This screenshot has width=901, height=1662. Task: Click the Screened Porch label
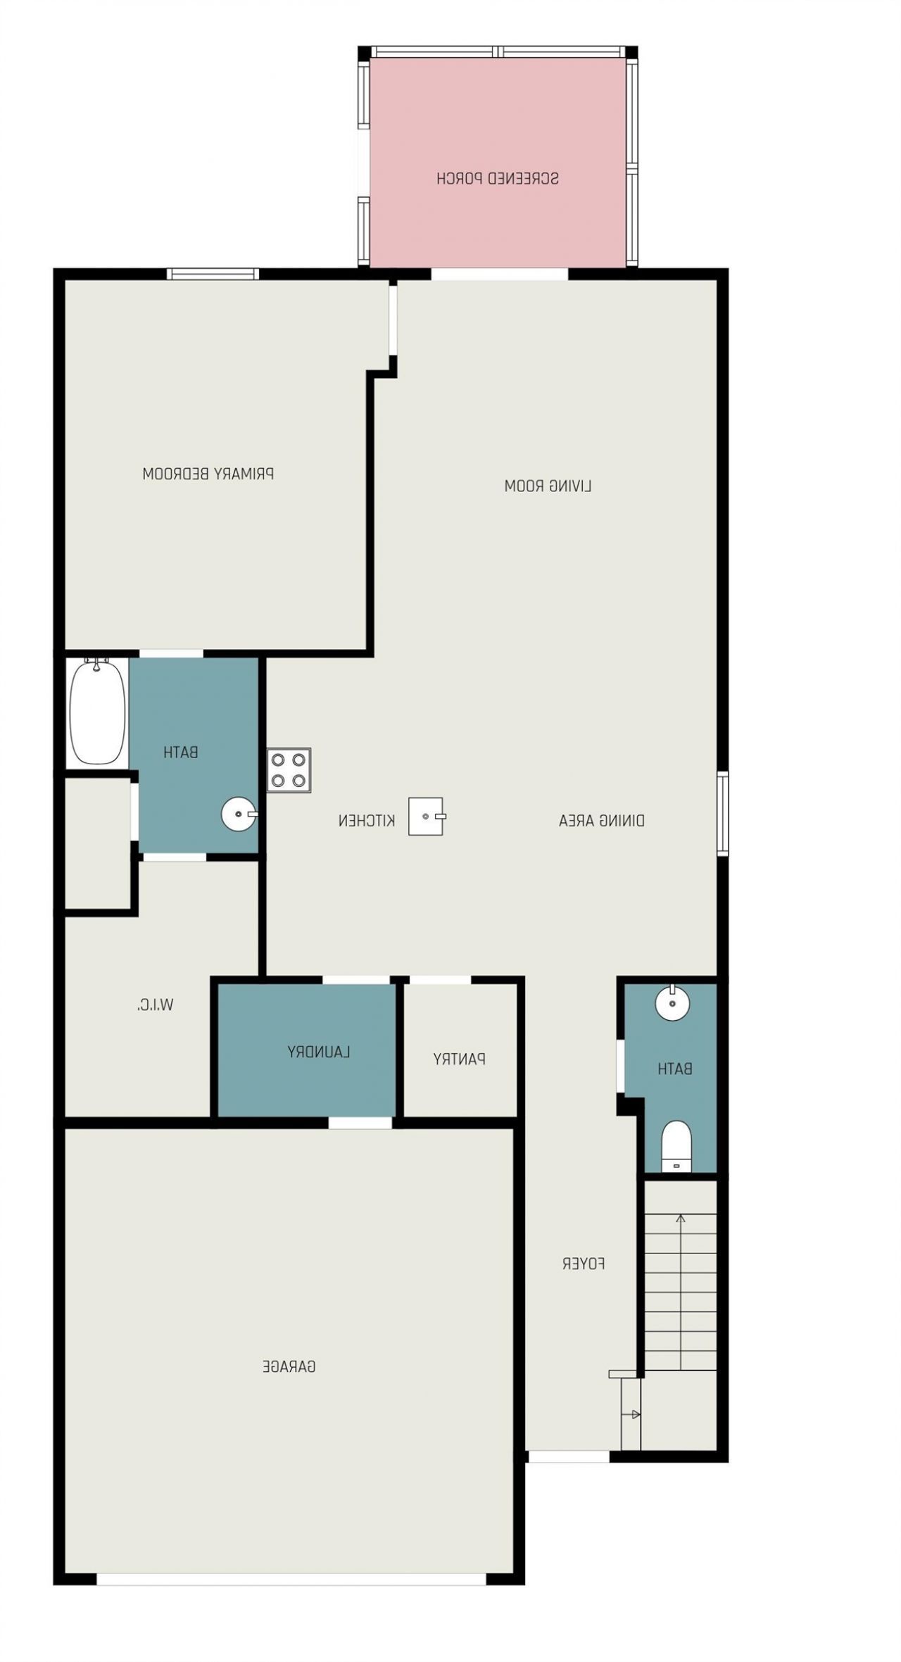point(497,178)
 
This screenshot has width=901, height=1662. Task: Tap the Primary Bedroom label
point(208,474)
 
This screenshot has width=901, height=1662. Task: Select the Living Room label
point(548,486)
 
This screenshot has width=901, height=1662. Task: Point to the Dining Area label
point(601,820)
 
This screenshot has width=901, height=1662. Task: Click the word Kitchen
point(366,820)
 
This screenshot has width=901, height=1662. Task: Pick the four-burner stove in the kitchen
point(289,770)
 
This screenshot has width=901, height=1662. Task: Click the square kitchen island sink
point(426,817)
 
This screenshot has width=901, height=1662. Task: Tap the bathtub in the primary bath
point(97,712)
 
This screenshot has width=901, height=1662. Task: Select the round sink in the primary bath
point(239,814)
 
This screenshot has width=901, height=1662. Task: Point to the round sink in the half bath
point(672,1002)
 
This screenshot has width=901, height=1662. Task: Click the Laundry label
point(318,1052)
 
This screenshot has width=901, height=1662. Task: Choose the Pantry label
point(459,1059)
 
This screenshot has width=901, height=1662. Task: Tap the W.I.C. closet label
point(155,1005)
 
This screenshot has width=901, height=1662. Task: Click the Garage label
point(289,1366)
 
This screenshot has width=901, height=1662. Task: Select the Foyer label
point(583,1264)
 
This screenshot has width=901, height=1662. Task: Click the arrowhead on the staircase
point(680,1218)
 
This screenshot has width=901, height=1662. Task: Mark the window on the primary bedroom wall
point(213,274)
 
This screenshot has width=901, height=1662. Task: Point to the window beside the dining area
point(722,813)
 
